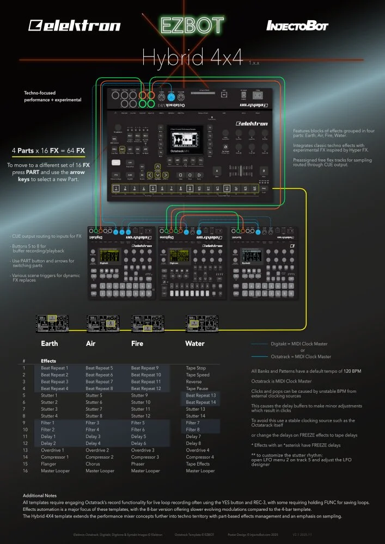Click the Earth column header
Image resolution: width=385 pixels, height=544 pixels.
point(50,344)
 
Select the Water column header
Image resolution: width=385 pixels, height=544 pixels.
point(194,344)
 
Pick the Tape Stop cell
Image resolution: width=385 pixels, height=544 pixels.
point(196,368)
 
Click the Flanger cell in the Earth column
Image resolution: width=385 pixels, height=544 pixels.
point(49,464)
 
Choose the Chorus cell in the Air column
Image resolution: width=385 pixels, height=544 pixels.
point(93,464)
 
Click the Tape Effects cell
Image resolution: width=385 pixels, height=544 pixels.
point(198,464)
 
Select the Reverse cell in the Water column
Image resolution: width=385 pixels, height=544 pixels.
point(194,381)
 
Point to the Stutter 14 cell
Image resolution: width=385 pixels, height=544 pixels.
point(196,416)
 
